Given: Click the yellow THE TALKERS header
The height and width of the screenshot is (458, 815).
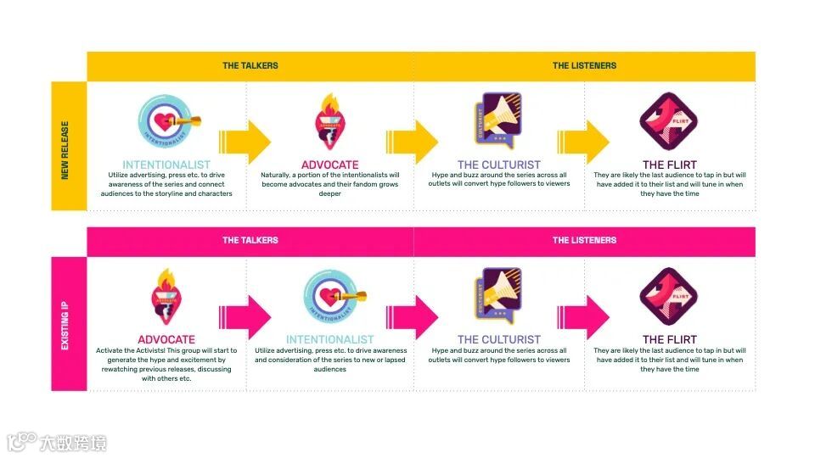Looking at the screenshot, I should coord(250,65).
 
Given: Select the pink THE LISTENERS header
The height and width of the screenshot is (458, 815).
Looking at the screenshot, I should coord(584,240).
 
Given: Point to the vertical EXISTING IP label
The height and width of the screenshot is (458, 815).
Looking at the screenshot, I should coord(65,321).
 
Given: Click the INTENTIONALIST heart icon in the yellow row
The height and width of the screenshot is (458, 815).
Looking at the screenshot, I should coord(166,121).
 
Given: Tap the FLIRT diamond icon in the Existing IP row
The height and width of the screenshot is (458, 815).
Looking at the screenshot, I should coord(664,296).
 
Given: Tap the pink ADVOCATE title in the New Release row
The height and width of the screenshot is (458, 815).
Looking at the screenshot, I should coord(330,165).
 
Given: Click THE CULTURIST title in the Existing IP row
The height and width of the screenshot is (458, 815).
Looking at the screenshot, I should coord(499,339).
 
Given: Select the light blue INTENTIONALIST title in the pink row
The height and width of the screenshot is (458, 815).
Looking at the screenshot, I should coord(330,339).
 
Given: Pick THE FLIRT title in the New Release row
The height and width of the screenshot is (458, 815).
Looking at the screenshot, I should coord(670,165).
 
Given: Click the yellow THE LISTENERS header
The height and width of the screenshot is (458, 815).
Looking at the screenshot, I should coord(584,65).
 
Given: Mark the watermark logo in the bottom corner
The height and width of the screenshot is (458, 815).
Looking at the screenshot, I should coord(56,441).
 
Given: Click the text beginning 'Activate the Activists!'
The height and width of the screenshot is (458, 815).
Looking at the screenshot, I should coord(166,365).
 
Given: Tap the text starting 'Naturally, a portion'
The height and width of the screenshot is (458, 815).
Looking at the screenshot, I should coord(330,184).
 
